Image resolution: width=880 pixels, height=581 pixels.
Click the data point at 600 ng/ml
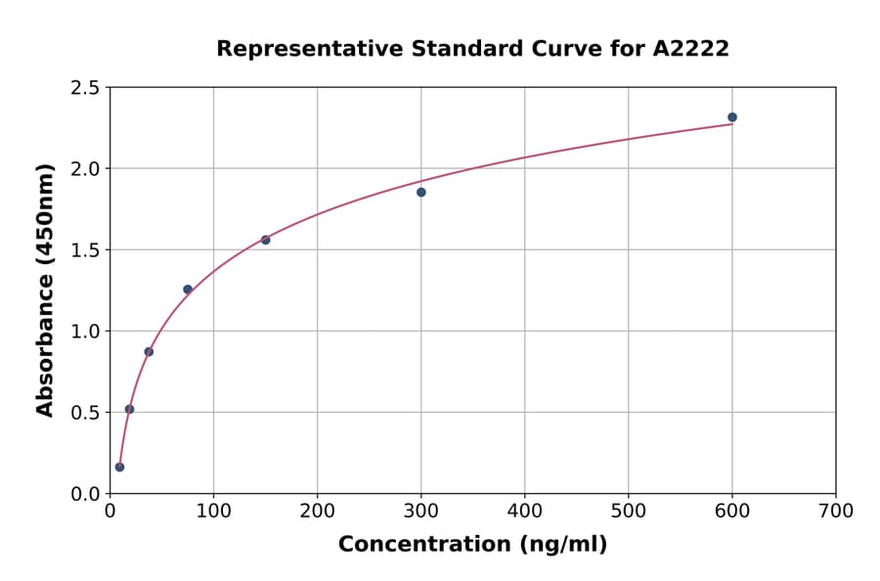coord(732,117)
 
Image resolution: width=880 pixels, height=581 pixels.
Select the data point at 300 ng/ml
coord(421,192)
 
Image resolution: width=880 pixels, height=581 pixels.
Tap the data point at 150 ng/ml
coord(266,240)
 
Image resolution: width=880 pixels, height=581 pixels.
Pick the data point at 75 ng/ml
coord(188,290)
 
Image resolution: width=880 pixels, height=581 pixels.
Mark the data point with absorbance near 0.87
coord(149,351)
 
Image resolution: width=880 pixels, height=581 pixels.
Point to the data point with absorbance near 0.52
coord(129,409)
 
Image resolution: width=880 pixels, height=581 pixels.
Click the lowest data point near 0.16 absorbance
coord(119,467)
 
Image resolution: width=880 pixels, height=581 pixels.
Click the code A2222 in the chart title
coord(690,49)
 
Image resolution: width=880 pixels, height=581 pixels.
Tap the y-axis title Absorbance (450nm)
coord(45,290)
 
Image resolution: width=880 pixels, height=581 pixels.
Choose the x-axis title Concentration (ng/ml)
coord(472,545)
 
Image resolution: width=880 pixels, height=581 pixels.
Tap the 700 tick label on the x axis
coord(835,511)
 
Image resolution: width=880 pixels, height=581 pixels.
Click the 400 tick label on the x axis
coord(524,511)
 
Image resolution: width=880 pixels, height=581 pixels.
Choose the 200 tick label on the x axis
coord(317,511)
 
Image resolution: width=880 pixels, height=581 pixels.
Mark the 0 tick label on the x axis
coord(110,511)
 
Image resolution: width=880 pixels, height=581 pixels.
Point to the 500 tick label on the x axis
coord(628,511)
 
